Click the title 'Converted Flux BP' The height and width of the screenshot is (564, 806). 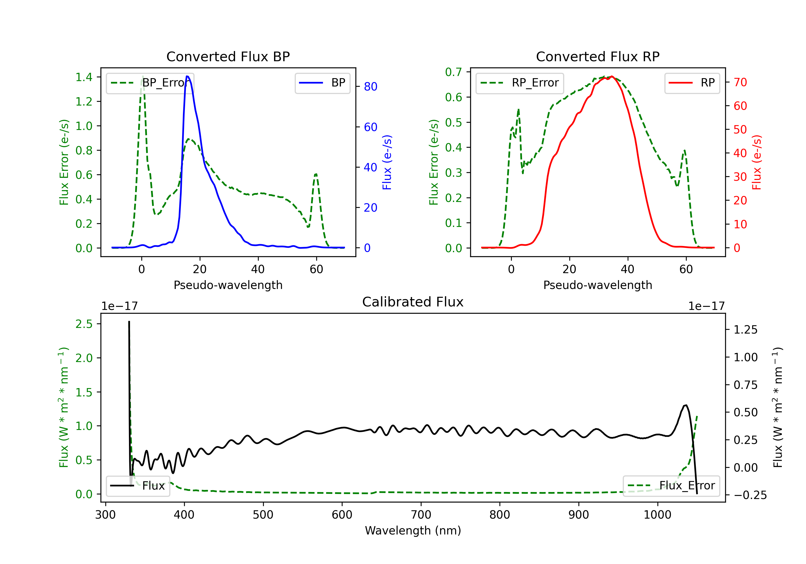(x=228, y=56)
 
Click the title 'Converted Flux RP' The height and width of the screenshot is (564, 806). (x=598, y=56)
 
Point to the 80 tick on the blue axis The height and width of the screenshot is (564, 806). (x=370, y=87)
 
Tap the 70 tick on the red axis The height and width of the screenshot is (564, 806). (x=740, y=82)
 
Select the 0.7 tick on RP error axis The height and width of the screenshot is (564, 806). (x=454, y=72)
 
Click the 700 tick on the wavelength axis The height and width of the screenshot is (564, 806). (x=421, y=515)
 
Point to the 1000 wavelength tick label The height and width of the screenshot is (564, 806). (x=657, y=515)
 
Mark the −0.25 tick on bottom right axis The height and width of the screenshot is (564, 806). (x=750, y=495)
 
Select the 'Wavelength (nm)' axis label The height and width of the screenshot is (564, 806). (x=413, y=530)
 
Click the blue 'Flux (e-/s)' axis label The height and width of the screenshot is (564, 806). (x=387, y=162)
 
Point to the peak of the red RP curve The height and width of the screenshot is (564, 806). (x=611, y=76)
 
